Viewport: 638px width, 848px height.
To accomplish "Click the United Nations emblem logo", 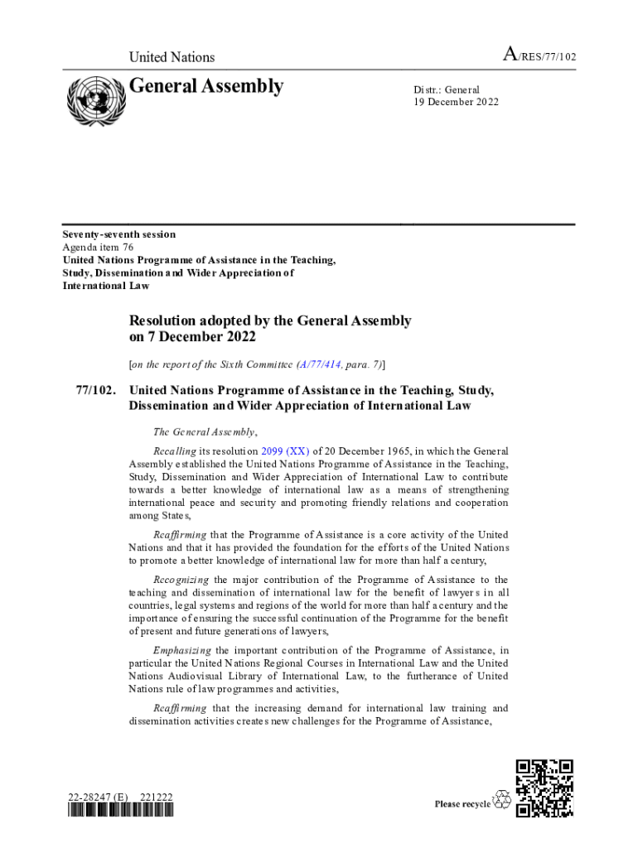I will point(94,101).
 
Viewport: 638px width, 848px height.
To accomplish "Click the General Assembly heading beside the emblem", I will point(206,87).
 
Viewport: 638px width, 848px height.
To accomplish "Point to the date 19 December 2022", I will point(456,102).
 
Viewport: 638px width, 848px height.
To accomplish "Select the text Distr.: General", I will point(447,89).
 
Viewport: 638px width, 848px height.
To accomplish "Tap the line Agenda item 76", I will point(98,247).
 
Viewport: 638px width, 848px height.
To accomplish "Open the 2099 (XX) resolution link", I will point(285,451).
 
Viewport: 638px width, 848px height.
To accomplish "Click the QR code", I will point(544,788).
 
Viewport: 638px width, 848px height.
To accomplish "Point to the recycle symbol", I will point(501,799).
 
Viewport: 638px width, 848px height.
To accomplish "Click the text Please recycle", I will point(462,804).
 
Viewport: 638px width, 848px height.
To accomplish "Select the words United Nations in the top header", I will point(172,57).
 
